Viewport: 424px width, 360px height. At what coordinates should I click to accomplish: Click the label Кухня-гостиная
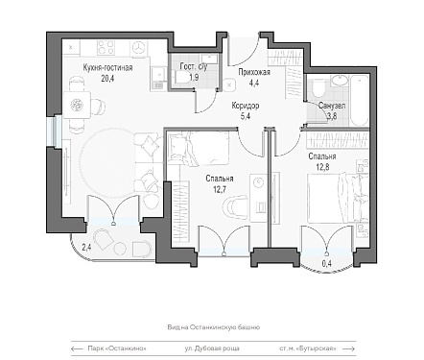click(x=107, y=68)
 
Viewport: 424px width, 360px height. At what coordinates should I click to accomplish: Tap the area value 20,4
click(x=107, y=78)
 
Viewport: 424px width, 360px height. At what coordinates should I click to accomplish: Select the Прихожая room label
click(x=254, y=72)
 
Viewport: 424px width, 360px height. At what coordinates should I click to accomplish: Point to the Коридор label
click(x=246, y=106)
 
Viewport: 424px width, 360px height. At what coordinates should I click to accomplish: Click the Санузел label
click(x=332, y=106)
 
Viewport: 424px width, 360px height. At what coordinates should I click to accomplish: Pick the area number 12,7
click(x=220, y=189)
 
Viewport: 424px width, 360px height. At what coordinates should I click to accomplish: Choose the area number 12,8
click(x=322, y=167)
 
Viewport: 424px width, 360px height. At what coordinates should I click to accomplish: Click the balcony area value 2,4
click(x=86, y=248)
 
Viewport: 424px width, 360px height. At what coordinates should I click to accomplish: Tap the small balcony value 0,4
click(x=326, y=265)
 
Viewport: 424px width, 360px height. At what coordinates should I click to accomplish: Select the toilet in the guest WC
click(x=180, y=78)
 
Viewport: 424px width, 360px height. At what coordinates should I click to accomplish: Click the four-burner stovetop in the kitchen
click(x=106, y=48)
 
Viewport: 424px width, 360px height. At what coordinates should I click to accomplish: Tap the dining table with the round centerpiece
click(x=77, y=105)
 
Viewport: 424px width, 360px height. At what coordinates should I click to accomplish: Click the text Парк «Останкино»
click(x=117, y=348)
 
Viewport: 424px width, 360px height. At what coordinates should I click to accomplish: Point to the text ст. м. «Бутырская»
click(x=308, y=348)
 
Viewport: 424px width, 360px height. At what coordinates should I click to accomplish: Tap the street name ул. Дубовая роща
click(x=212, y=348)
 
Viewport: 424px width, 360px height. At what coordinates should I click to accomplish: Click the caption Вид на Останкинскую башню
click(x=213, y=327)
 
